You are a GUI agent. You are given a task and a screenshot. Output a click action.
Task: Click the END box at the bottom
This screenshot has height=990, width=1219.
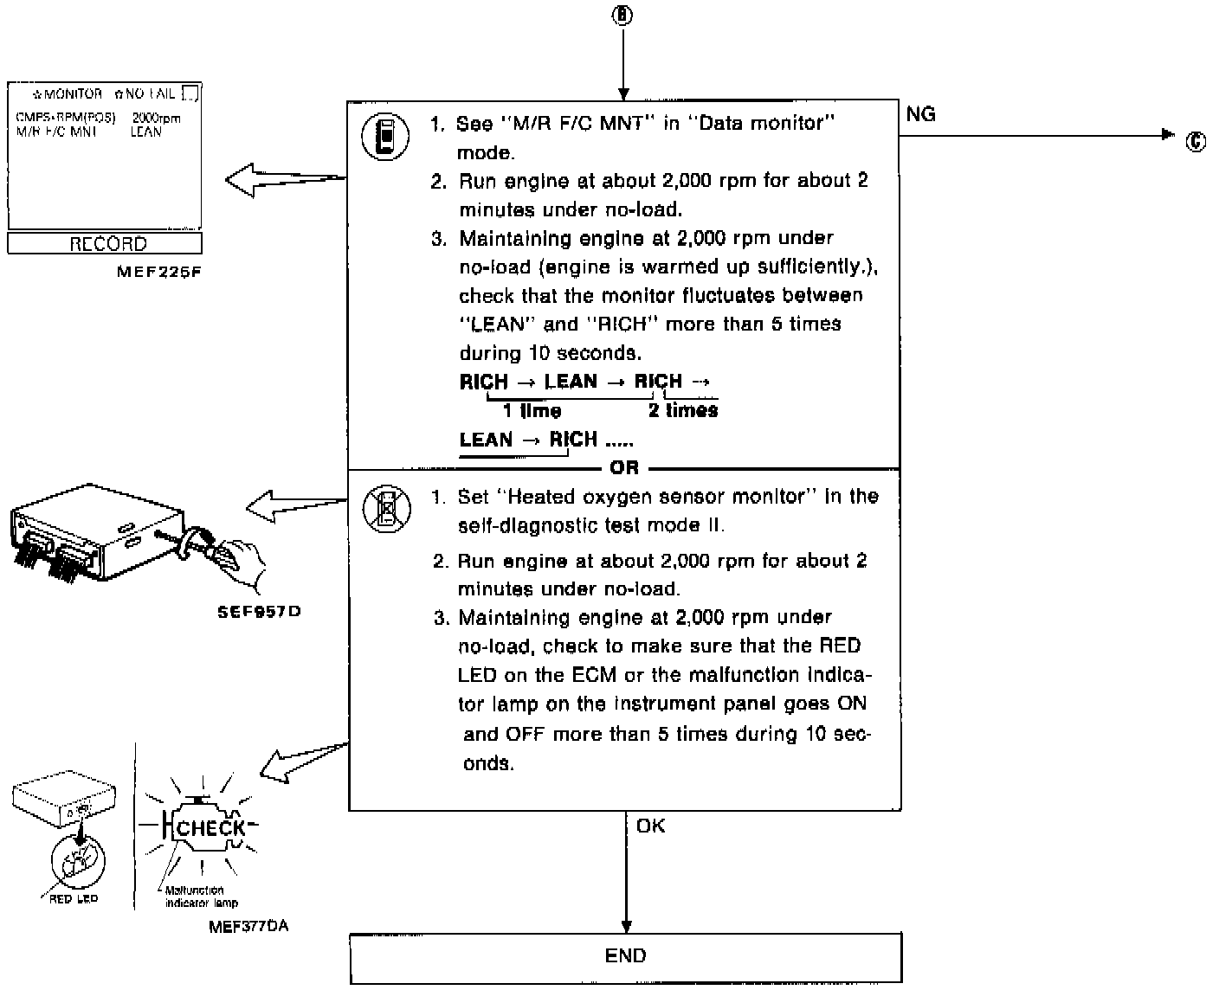(625, 956)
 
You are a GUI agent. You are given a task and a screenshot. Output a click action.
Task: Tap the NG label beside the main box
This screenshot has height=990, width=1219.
(921, 114)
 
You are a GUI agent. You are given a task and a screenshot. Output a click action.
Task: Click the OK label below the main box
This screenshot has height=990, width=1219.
(650, 826)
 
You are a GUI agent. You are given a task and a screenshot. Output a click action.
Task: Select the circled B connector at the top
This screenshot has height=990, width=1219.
(623, 16)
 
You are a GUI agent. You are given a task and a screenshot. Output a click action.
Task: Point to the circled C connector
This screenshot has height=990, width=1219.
(1196, 142)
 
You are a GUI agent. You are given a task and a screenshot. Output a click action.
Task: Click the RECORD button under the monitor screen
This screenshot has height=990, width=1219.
(105, 244)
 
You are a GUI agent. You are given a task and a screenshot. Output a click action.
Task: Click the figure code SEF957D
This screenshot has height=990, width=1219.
(259, 612)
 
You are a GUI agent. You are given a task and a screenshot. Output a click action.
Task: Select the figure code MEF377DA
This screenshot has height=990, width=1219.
(248, 927)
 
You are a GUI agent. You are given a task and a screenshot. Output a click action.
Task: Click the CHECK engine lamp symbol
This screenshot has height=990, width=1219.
(210, 828)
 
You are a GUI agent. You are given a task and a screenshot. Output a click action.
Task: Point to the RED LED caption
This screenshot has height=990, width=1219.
(74, 899)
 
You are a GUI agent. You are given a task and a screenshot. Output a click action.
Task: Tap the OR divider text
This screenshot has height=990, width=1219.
(623, 467)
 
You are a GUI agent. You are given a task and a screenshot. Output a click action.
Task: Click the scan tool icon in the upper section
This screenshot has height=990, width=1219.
(385, 138)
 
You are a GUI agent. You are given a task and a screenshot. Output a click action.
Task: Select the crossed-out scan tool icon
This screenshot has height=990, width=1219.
(386, 508)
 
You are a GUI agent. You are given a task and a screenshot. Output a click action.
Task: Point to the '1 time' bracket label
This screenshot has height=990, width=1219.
(532, 411)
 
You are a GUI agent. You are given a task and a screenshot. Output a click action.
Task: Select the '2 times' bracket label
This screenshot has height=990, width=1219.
(683, 410)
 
